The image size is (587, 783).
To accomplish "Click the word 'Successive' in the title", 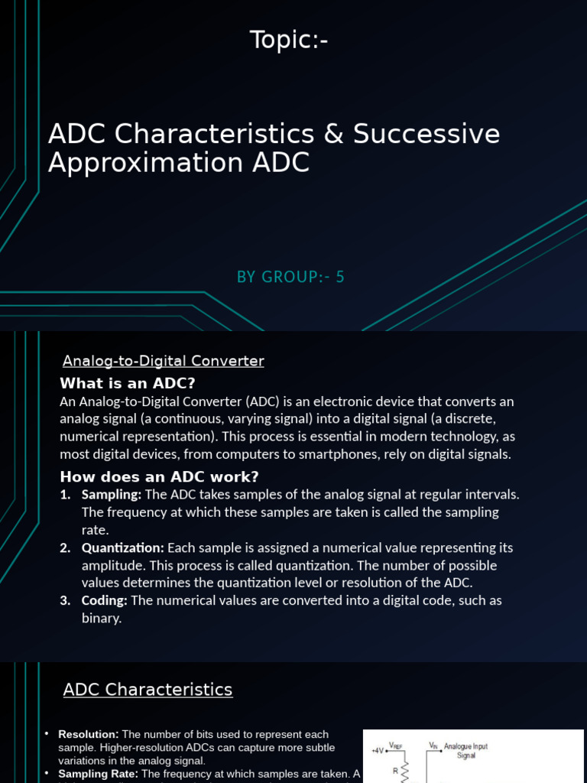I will pyautogui.click(x=426, y=134).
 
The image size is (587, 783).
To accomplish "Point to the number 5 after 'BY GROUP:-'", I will pyautogui.click(x=341, y=277).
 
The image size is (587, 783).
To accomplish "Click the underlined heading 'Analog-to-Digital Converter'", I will pyautogui.click(x=163, y=361).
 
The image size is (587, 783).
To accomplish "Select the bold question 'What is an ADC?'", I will pyautogui.click(x=133, y=383).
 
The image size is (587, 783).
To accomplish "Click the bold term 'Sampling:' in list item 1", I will pyautogui.click(x=112, y=495).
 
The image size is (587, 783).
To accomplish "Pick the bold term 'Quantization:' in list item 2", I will pyautogui.click(x=122, y=548).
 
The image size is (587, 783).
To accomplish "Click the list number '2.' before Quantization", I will pyautogui.click(x=66, y=548).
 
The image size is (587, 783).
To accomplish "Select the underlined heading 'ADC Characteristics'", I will pyautogui.click(x=148, y=690).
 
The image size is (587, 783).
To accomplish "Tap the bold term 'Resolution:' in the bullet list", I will pyautogui.click(x=88, y=735).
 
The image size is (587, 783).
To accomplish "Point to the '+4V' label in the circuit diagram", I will pyautogui.click(x=378, y=751).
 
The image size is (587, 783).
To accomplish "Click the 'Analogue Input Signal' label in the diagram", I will pyautogui.click(x=465, y=750).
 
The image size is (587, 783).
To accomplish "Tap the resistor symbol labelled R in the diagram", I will pyautogui.click(x=405, y=771).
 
